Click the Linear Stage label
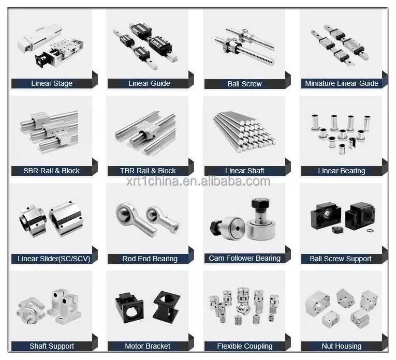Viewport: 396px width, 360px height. (x=52, y=83)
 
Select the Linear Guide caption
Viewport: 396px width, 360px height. (x=149, y=83)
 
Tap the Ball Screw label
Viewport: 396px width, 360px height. (x=245, y=84)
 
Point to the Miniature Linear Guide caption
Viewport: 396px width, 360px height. (x=342, y=83)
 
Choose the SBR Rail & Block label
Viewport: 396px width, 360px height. (x=52, y=171)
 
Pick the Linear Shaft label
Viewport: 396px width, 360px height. (x=245, y=171)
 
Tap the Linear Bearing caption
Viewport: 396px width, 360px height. (x=342, y=171)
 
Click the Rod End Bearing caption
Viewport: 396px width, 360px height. (x=150, y=259)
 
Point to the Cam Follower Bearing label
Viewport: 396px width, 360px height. (x=245, y=258)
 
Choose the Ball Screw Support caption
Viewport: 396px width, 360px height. (x=341, y=259)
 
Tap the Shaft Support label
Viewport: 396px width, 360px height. (x=52, y=346)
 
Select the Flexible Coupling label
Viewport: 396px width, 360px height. (x=245, y=346)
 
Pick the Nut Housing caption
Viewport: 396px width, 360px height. (x=342, y=346)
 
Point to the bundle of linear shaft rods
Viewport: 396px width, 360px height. (x=244, y=132)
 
